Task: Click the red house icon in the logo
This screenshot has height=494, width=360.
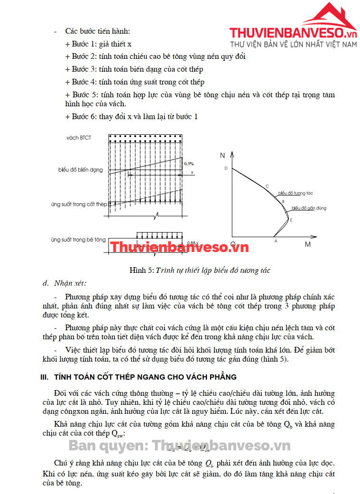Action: pos(329,17)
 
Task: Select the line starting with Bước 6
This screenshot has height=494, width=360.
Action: pos(131,117)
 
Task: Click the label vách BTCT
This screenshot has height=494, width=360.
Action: pos(79,138)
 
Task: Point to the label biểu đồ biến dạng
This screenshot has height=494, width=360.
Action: pos(81,170)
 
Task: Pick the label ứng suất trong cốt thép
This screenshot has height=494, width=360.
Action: pos(79,205)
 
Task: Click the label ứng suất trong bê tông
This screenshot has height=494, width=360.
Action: pos(78,240)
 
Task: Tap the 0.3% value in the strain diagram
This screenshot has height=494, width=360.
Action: pos(189,164)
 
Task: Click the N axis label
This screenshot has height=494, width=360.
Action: pos(222,156)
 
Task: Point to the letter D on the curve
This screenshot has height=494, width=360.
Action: pos(226,168)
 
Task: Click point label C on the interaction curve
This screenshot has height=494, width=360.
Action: pos(267,186)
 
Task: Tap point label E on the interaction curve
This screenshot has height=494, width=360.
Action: pos(291,220)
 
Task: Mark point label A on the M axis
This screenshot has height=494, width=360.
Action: pos(276,241)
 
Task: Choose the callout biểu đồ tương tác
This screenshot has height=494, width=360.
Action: pos(295,194)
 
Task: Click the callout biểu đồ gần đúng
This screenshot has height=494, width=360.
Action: pos(309,208)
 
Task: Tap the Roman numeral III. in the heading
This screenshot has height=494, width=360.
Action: pos(45,377)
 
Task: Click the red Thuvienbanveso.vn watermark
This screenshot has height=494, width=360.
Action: pos(179,247)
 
